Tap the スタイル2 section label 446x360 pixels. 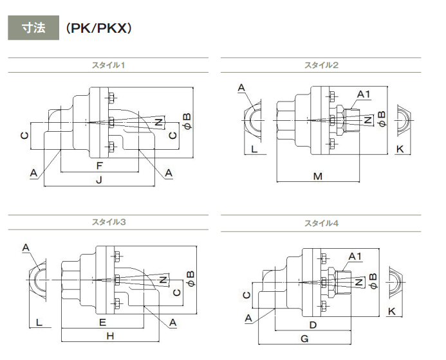[x=322, y=65]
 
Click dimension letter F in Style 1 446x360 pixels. [x=98, y=166]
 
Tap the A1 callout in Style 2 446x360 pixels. [x=364, y=95]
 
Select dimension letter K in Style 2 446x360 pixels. [x=400, y=149]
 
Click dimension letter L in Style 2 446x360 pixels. [x=254, y=149]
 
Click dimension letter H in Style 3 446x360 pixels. [x=109, y=336]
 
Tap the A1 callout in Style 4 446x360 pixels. [x=355, y=256]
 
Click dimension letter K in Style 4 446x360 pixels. [x=392, y=312]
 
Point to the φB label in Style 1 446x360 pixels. [x=187, y=120]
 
